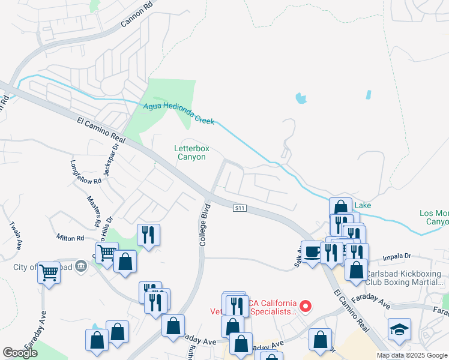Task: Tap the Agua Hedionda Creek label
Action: (179, 114)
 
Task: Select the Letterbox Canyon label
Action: (190, 152)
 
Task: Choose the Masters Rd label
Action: (94, 211)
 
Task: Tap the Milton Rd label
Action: (70, 238)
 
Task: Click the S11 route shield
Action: (240, 208)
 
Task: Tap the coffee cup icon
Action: (312, 251)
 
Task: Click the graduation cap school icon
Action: (399, 330)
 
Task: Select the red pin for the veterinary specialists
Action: (306, 308)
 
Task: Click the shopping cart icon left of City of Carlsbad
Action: (49, 273)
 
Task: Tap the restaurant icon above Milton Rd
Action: (148, 234)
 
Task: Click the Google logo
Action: (20, 353)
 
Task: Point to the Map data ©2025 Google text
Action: (412, 355)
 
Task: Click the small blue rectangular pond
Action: (368, 95)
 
